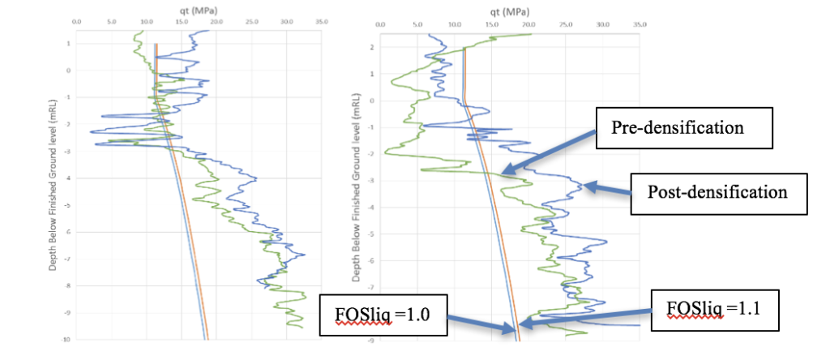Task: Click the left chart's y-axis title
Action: coord(53,178)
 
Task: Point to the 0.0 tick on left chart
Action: coord(76,22)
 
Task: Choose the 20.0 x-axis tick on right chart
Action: coord(528,25)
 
